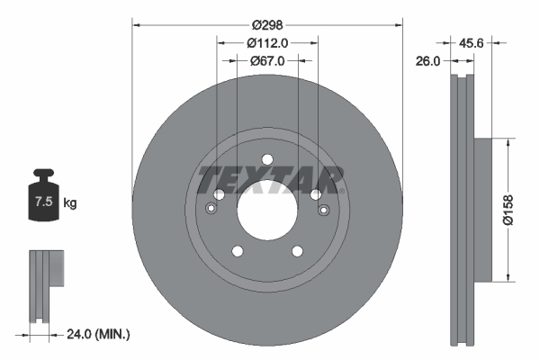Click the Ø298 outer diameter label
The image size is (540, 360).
[267, 26]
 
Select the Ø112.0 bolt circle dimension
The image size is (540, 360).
[267, 43]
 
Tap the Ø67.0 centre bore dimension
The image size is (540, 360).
[267, 60]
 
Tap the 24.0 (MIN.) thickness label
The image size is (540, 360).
[99, 334]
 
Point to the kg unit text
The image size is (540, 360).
[70, 203]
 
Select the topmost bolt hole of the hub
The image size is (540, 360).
[267, 160]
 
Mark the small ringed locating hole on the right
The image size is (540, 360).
[324, 210]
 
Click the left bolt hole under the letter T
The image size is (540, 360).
[219, 194]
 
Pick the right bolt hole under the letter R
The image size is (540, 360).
[316, 194]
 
